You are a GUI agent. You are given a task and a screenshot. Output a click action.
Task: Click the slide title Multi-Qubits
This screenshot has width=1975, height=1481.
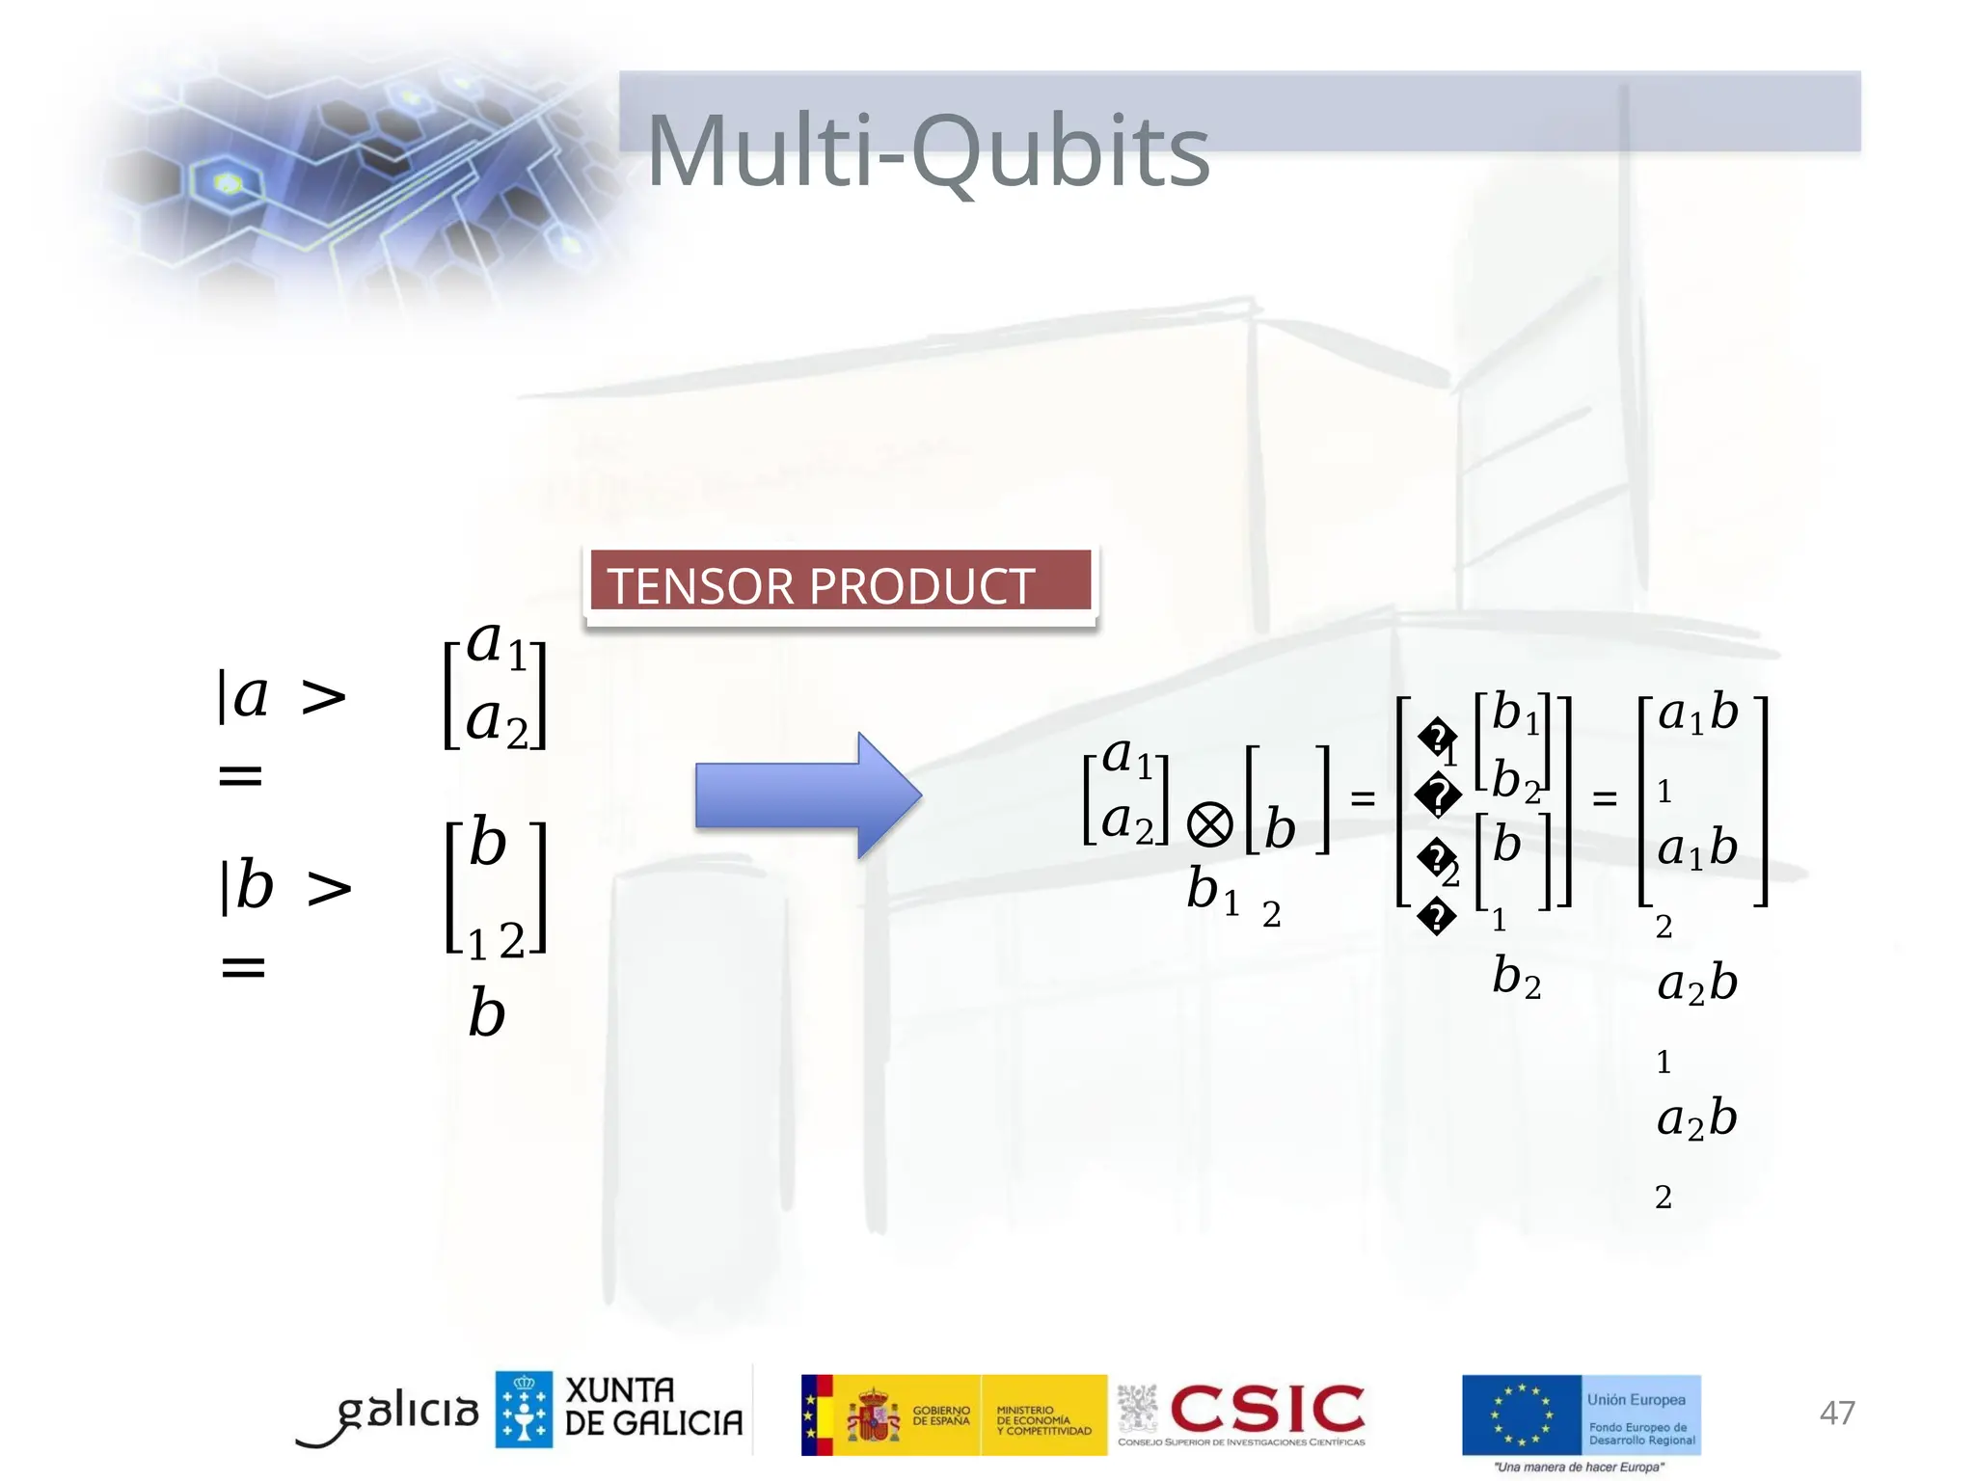point(928,151)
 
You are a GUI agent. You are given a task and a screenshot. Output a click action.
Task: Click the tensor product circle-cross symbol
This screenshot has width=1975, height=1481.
point(1209,825)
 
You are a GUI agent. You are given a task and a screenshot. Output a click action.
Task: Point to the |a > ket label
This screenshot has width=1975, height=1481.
point(281,695)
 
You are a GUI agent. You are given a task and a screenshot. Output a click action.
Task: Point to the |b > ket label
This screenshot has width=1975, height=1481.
point(285,885)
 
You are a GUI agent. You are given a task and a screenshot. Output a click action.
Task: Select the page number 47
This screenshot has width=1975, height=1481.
point(1836,1413)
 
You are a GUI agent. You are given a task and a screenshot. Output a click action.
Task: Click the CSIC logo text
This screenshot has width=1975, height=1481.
point(1267,1410)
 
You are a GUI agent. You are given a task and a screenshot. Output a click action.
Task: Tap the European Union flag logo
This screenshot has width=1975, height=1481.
point(1521,1414)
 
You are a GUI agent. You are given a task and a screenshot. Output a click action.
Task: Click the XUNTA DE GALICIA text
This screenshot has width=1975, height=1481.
point(654,1407)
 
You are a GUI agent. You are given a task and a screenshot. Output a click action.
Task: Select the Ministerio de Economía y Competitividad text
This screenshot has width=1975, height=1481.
point(1042,1420)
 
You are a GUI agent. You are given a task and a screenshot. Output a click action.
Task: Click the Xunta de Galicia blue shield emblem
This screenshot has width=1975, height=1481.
point(524,1410)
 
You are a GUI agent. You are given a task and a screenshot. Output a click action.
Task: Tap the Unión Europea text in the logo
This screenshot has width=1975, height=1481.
point(1637,1399)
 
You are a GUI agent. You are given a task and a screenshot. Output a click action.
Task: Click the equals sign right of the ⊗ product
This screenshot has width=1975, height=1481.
point(1362,798)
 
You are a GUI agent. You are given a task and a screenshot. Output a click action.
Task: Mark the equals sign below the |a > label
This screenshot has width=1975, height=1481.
point(240,774)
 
